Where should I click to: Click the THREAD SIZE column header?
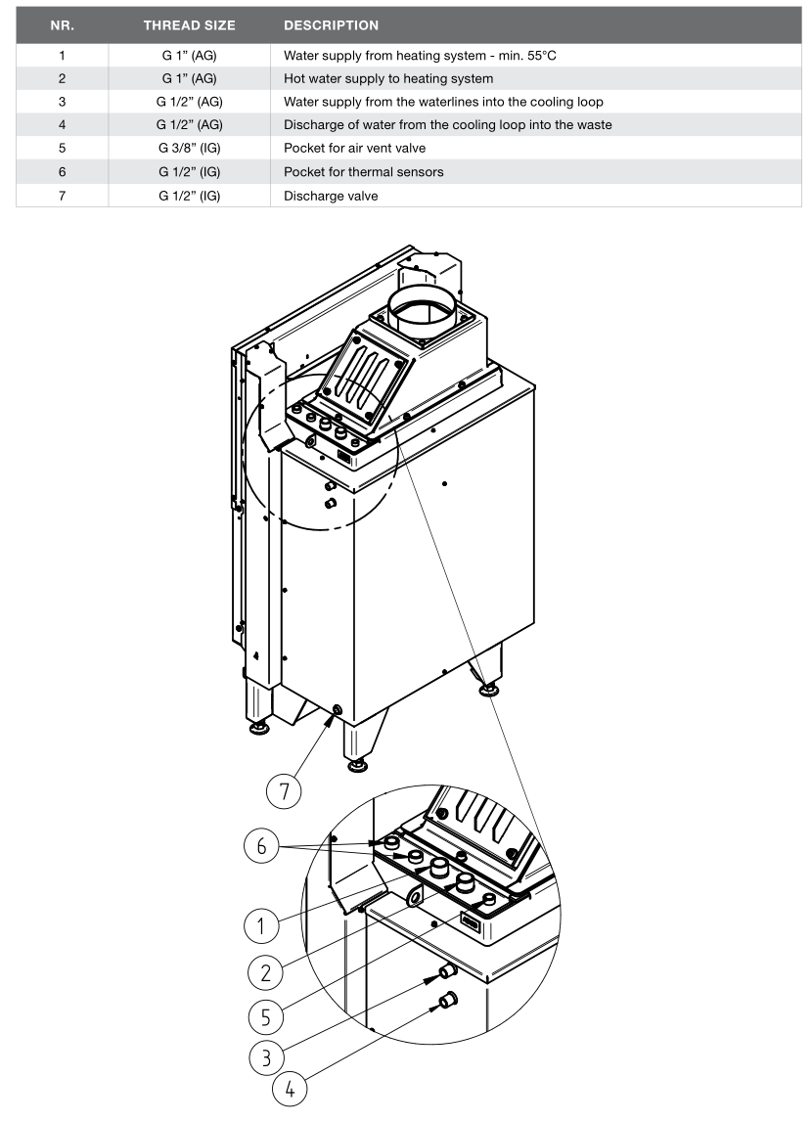(x=189, y=25)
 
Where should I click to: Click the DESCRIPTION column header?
(x=332, y=25)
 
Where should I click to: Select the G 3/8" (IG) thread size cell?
(x=190, y=148)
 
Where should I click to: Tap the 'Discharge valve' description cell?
(x=331, y=196)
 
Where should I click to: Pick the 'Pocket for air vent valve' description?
(x=354, y=148)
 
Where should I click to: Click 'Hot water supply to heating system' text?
(x=388, y=78)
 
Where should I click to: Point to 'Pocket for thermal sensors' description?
(x=363, y=172)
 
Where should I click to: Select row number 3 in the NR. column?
(x=63, y=102)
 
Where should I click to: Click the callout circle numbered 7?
(x=284, y=791)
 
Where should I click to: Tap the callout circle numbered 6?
(x=262, y=846)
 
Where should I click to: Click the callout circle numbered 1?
(x=262, y=926)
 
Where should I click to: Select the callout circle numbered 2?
(x=265, y=972)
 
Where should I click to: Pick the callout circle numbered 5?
(x=266, y=1016)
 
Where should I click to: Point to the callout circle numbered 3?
(x=267, y=1056)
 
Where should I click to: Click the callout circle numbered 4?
(x=290, y=1089)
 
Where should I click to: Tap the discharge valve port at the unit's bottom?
(x=337, y=710)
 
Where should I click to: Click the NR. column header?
(x=63, y=25)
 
